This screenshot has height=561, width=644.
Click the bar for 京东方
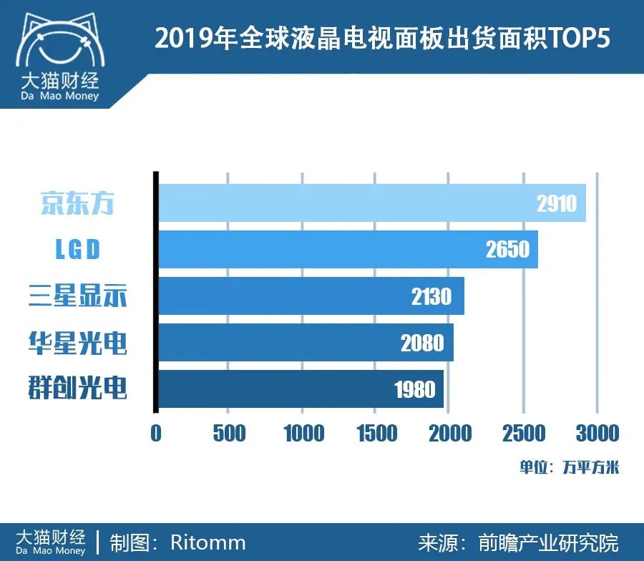click(372, 203)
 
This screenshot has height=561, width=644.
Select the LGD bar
click(348, 249)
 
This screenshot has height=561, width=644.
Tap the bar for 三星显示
click(311, 296)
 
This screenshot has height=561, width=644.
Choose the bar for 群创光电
click(301, 389)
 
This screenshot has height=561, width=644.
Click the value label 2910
click(556, 204)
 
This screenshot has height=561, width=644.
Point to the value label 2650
click(507, 249)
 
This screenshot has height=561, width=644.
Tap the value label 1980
click(414, 389)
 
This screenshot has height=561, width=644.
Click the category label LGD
click(77, 249)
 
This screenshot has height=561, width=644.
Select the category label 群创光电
click(77, 389)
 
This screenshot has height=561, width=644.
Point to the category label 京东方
click(77, 203)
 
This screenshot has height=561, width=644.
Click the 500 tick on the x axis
click(229, 433)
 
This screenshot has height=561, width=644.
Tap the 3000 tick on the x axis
click(597, 433)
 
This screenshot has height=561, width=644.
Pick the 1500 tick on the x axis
click(376, 433)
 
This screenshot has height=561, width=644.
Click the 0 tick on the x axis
click(156, 433)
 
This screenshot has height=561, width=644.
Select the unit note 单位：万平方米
click(569, 468)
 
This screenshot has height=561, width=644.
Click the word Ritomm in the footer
click(208, 542)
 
